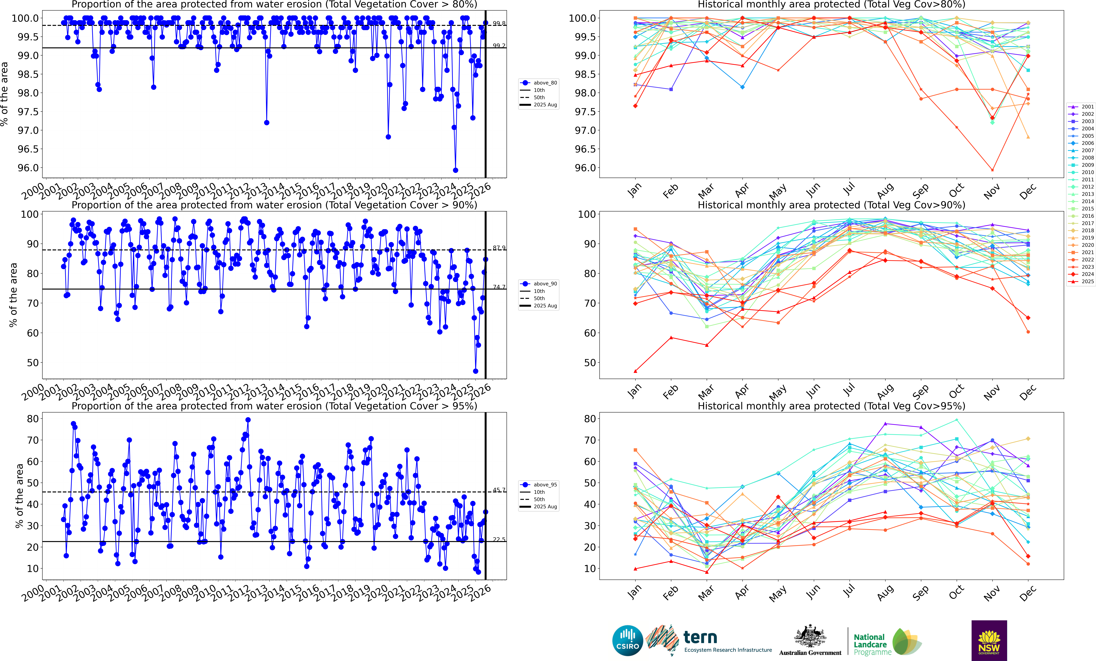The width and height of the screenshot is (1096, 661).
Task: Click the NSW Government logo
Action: point(989,641)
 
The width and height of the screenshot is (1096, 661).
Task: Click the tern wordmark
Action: point(700,637)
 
